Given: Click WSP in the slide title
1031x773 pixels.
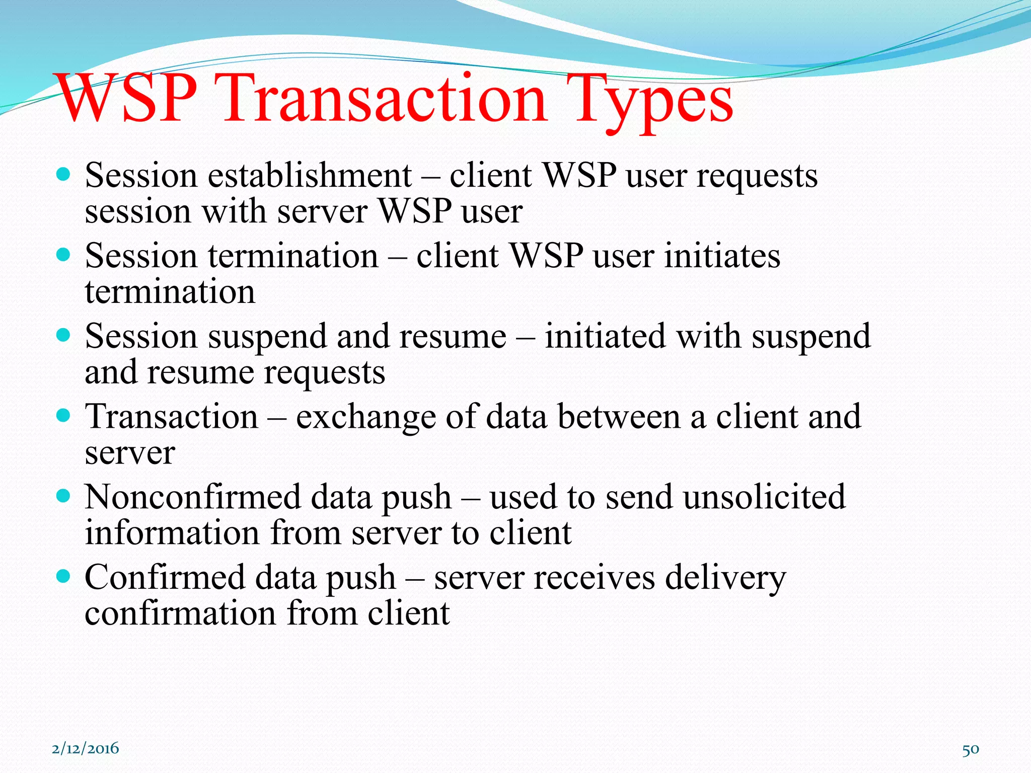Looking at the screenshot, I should [128, 98].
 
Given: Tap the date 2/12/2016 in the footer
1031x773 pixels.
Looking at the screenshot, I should [86, 748].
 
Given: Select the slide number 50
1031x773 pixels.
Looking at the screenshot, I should [971, 749].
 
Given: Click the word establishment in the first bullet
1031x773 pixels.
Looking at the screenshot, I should [310, 176].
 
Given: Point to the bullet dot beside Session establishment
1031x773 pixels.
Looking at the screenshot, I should [63, 175].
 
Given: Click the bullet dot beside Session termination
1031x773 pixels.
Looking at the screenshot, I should [63, 255].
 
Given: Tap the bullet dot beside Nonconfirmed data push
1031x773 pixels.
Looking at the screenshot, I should [63, 496].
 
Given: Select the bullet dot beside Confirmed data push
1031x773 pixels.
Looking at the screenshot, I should [63, 576].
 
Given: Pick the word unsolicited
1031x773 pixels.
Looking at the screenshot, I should [764, 497].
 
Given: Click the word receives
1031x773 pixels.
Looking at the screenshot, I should [595, 577].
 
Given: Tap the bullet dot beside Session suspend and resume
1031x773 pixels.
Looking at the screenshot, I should [63, 335].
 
